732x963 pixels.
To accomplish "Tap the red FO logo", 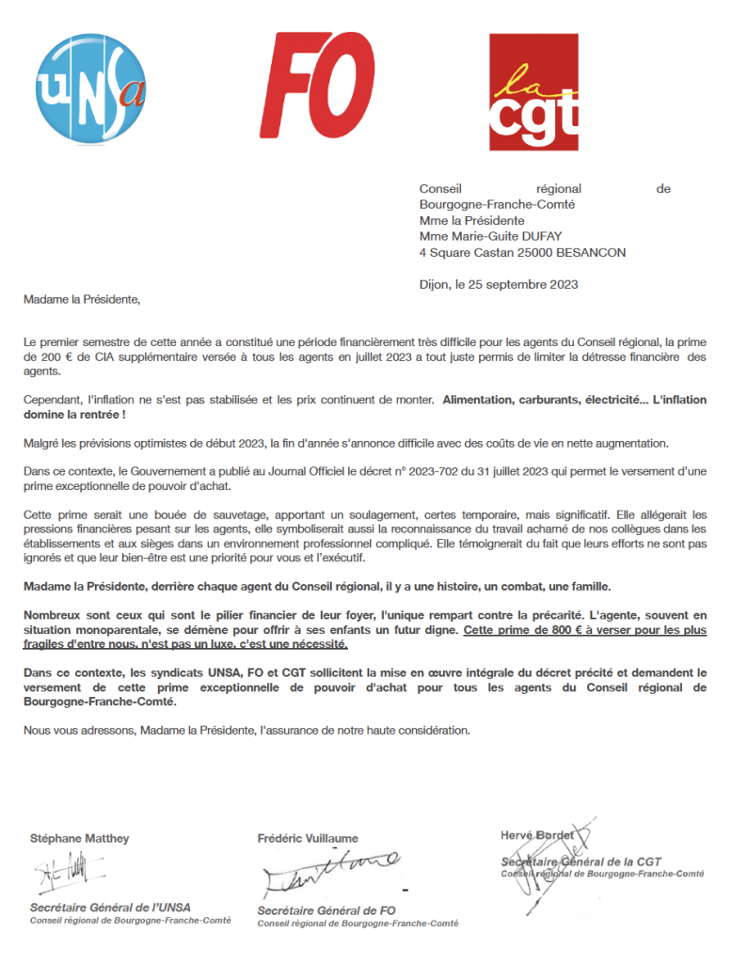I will click(314, 86).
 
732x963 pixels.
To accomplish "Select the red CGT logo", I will click(533, 91).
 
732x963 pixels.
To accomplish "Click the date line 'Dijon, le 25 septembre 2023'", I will click(498, 284).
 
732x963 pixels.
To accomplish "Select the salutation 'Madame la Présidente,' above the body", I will click(82, 300).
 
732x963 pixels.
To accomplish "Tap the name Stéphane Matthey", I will click(79, 838).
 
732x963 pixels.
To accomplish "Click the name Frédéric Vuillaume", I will click(308, 838).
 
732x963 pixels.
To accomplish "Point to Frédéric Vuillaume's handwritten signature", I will click(329, 874).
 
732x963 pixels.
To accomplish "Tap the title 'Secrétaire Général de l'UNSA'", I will click(110, 908).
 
